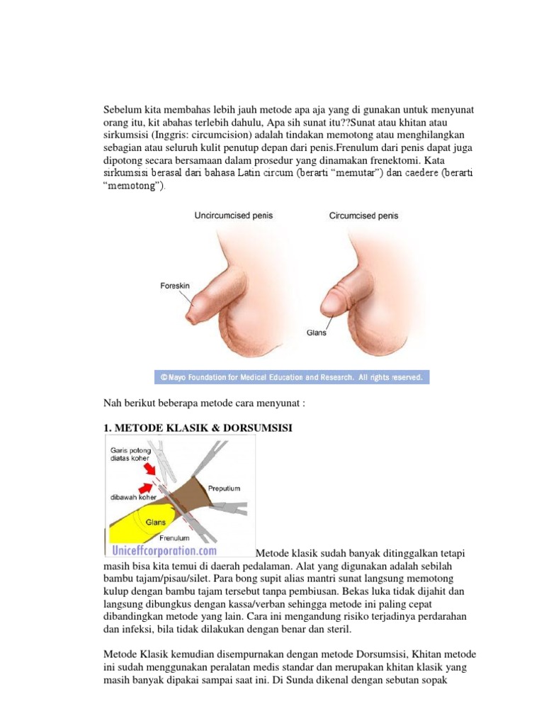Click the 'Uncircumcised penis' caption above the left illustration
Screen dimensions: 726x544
(x=234, y=216)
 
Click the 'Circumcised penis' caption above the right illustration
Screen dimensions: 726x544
(x=363, y=216)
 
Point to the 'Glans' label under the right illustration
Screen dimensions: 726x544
(x=317, y=332)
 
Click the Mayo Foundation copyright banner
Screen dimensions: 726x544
(x=293, y=377)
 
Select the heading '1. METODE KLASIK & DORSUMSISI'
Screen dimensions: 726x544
(x=198, y=429)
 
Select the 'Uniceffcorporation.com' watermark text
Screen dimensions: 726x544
(x=163, y=550)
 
